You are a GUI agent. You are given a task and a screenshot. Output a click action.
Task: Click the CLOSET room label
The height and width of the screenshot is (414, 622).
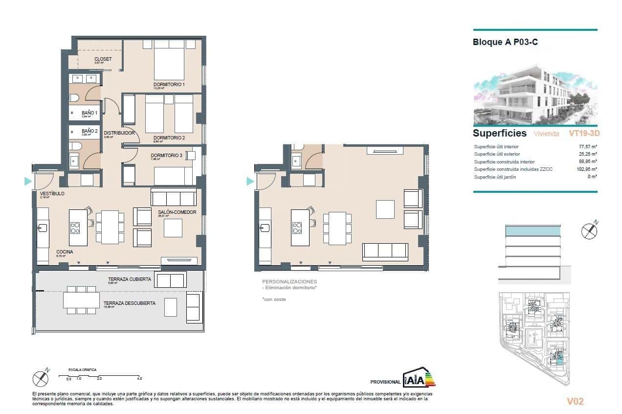tap(103, 59)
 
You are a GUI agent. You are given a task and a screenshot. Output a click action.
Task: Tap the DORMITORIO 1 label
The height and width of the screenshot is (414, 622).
tap(169, 85)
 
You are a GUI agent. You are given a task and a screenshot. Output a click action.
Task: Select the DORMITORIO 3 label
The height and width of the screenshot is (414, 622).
tap(166, 156)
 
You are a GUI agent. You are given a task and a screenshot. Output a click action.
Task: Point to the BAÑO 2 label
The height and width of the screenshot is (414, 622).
tap(89, 131)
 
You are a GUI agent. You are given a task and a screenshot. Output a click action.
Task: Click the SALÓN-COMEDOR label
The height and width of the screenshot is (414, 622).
tap(177, 212)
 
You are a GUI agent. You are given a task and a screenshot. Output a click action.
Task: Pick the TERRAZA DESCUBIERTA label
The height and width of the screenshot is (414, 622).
tap(129, 303)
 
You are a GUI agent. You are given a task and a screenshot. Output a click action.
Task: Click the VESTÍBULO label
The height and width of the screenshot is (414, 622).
tap(52, 194)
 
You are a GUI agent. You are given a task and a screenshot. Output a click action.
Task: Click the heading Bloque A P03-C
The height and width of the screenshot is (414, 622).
tap(505, 42)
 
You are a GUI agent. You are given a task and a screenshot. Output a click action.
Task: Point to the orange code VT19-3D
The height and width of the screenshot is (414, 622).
tap(584, 133)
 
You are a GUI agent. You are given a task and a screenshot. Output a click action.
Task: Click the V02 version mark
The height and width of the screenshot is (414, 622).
tap(575, 402)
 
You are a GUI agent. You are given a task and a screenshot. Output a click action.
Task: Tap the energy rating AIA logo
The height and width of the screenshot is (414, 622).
tap(419, 378)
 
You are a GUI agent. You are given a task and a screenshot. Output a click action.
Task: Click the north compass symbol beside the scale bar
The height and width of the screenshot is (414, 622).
tap(41, 378)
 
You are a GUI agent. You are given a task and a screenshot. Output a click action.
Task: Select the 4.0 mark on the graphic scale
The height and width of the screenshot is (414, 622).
tap(139, 379)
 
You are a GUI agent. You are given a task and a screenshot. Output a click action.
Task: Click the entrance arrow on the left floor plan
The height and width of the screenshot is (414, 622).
tap(28, 182)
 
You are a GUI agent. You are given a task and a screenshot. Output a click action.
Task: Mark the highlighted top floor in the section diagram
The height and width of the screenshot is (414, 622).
tap(532, 230)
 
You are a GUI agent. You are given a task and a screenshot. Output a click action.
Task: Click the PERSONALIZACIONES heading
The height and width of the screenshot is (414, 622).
tap(289, 282)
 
